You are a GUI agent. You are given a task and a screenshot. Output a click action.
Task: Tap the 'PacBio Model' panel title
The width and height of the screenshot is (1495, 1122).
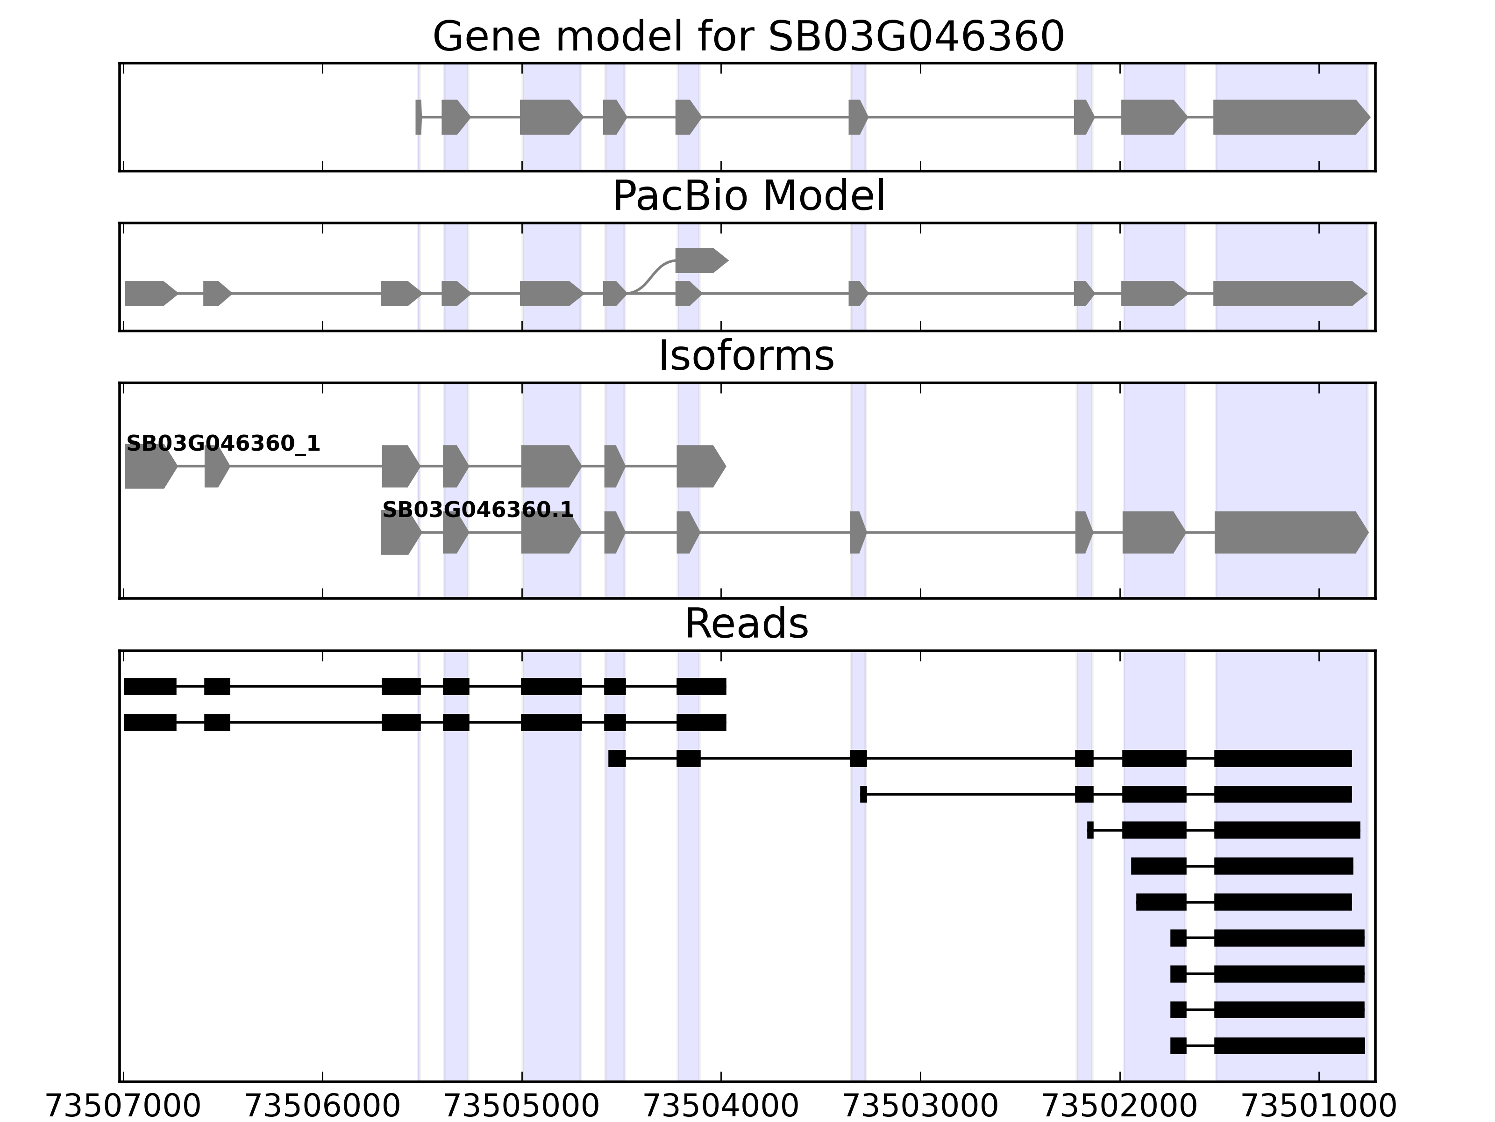pyautogui.click(x=748, y=197)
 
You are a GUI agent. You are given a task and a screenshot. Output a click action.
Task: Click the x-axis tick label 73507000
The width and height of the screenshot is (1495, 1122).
pyautogui.click(x=123, y=1107)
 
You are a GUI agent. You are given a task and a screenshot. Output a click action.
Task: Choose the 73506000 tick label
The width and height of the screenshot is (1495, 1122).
pyautogui.click(x=322, y=1107)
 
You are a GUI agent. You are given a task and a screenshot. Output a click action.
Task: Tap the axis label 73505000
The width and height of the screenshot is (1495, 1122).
pyautogui.click(x=522, y=1107)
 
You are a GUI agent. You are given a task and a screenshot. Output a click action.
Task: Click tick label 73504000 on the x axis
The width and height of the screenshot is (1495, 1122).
pyautogui.click(x=721, y=1107)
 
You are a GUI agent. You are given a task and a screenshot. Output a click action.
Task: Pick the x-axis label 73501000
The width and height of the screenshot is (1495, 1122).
pyautogui.click(x=1319, y=1107)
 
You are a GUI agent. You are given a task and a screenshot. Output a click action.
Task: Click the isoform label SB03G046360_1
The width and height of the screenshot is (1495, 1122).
pyautogui.click(x=223, y=444)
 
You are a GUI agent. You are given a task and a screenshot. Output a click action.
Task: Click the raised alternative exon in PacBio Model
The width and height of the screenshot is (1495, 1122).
pyautogui.click(x=699, y=260)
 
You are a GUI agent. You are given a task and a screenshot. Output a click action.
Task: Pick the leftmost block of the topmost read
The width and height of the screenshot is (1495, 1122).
pyautogui.click(x=150, y=686)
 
